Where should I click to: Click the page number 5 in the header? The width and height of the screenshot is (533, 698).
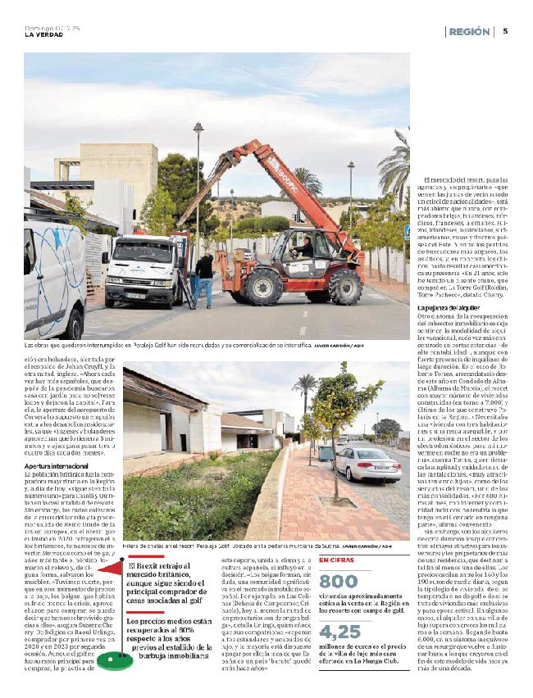pos(505,31)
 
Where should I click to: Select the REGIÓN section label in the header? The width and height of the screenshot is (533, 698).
pos(471,31)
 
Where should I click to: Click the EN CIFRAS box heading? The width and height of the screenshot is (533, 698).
pos(336,537)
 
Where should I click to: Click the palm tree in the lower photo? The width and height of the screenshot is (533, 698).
pos(305,392)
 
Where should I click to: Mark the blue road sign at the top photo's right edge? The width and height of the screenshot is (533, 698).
pos(408,233)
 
